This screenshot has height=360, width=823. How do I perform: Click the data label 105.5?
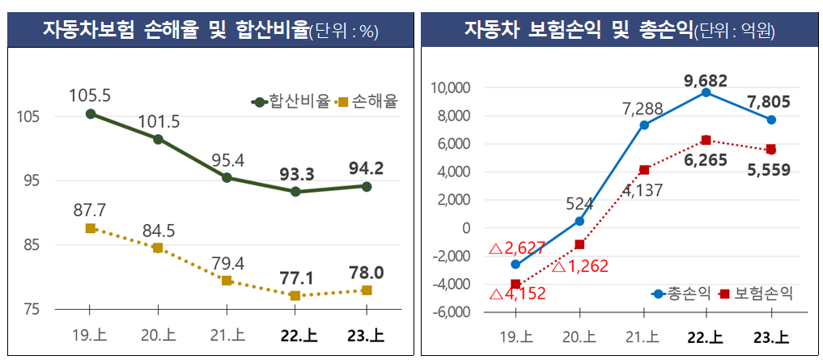(x=90, y=95)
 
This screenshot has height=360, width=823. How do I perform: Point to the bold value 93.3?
(x=296, y=173)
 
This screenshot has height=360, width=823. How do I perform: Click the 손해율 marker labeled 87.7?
(x=90, y=228)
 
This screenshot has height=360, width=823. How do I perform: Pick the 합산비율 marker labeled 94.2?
(x=367, y=186)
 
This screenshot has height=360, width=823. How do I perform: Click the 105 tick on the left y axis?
(x=28, y=116)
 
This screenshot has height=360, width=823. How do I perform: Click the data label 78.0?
(x=367, y=272)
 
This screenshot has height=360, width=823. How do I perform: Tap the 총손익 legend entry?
(x=681, y=293)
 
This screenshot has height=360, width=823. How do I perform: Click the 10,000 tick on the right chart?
(x=451, y=88)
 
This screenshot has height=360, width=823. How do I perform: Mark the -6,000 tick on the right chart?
(x=451, y=312)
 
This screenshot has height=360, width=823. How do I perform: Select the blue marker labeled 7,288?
(x=644, y=125)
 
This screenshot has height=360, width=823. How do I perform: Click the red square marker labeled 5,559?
(x=771, y=150)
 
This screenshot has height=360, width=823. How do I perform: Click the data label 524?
(x=579, y=203)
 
